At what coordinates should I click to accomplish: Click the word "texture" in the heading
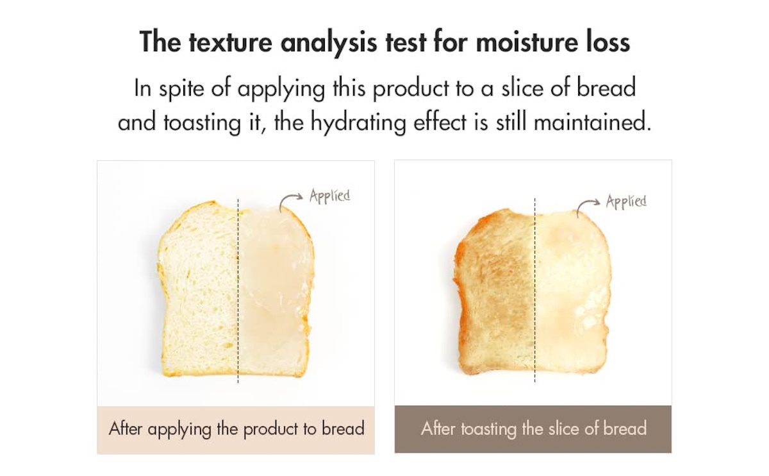click(215, 42)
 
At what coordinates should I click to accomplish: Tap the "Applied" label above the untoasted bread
click(330, 195)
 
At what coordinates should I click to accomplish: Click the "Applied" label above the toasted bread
click(626, 201)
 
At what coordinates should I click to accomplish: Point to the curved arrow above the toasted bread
click(588, 205)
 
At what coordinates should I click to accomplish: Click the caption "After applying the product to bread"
click(236, 429)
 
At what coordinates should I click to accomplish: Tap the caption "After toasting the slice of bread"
click(533, 429)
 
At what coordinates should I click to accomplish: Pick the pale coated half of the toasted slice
click(570, 295)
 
